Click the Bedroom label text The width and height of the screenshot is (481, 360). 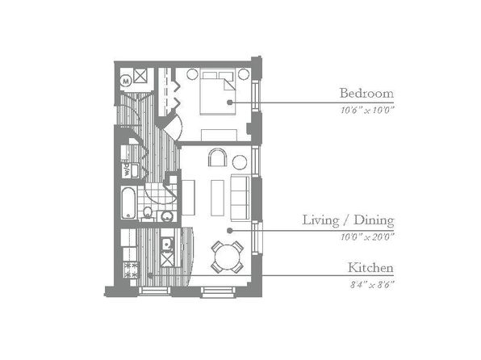(366, 93)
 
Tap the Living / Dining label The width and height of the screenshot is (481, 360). (348, 220)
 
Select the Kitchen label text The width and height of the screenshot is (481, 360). (370, 268)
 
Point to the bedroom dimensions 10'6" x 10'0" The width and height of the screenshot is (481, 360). (367, 110)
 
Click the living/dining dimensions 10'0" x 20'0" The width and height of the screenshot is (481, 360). (367, 237)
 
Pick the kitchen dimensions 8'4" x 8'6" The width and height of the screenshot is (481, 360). (372, 284)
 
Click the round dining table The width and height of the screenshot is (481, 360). (228, 257)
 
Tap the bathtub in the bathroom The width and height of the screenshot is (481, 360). (128, 203)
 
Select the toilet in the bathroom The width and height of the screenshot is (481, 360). (148, 213)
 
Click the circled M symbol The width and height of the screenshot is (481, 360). (126, 81)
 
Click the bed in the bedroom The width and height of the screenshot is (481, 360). (218, 92)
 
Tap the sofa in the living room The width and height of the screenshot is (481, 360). (240, 198)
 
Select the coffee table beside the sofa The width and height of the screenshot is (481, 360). (217, 198)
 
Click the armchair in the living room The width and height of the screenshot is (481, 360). (218, 157)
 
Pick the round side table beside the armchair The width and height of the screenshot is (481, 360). (240, 162)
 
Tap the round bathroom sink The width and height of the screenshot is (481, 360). (167, 216)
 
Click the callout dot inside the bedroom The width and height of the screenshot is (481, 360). (229, 103)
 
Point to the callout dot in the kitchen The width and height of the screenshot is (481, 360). (150, 275)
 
